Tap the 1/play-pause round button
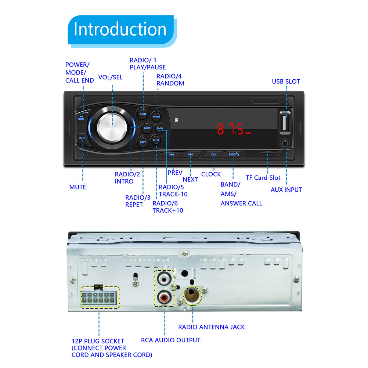(x=143, y=114)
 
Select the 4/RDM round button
(x=157, y=116)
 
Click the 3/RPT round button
(x=143, y=141)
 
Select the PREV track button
(x=172, y=155)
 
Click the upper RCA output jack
(x=164, y=279)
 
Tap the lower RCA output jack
(x=164, y=296)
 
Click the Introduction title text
(x=120, y=29)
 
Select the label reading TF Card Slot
(x=263, y=178)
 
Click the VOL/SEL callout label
(x=110, y=77)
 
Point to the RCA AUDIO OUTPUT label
(x=171, y=340)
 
